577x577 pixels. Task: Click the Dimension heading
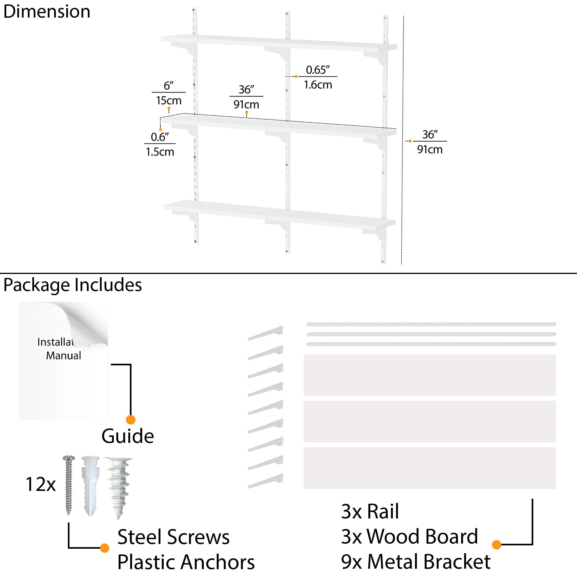(47, 12)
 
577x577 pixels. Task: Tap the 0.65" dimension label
(318, 70)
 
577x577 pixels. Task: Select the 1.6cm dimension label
(318, 85)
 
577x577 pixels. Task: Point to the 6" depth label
(168, 86)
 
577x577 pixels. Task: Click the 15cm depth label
(168, 101)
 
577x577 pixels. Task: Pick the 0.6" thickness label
(160, 137)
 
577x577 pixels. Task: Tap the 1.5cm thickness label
(160, 152)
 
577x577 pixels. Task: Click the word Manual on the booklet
(63, 356)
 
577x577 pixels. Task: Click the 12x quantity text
(41, 484)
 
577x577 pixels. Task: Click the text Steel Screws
(173, 537)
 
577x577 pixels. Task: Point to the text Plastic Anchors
(186, 562)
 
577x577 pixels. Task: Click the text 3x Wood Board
(409, 536)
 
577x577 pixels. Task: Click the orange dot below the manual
(131, 420)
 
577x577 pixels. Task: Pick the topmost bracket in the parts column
(265, 333)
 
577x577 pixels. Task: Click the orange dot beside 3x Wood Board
(496, 544)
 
